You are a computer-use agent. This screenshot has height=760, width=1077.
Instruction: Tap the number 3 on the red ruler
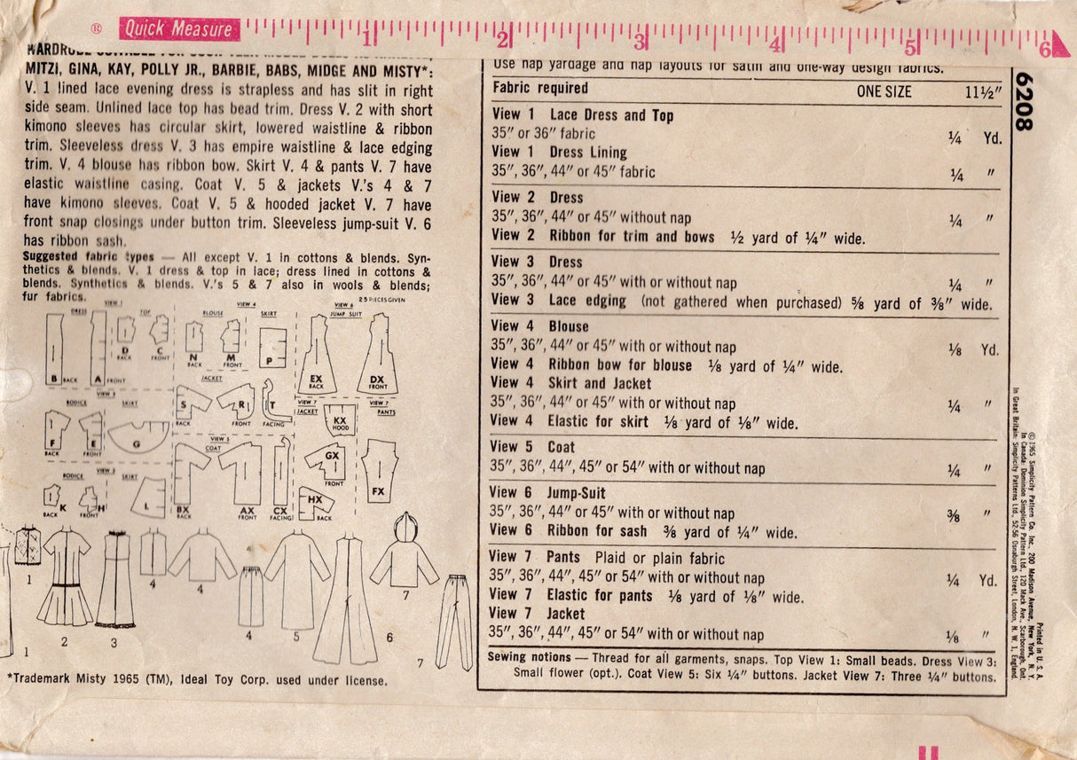(x=641, y=41)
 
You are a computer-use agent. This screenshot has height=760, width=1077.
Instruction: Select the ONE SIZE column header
(x=884, y=90)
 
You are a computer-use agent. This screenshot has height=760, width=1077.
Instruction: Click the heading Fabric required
(x=540, y=88)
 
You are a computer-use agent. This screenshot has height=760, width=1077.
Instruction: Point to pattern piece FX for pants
(x=380, y=467)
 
